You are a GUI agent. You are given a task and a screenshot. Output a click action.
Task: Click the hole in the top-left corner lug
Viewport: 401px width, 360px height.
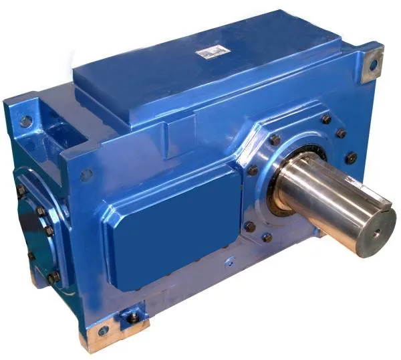[x=26, y=122]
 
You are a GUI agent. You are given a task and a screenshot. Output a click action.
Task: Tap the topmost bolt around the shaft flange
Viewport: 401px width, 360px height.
[x=326, y=119]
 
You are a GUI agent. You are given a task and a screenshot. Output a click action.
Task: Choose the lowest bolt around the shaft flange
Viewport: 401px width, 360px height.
[x=267, y=237]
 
